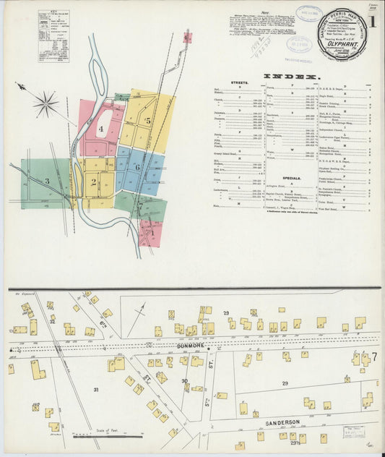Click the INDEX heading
click(x=291, y=76)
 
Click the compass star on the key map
click(x=45, y=104)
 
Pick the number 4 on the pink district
click(x=101, y=130)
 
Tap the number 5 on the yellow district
click(x=148, y=121)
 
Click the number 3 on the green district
click(x=47, y=181)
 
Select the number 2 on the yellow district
click(x=94, y=181)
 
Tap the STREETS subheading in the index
click(x=239, y=82)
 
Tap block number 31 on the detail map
click(x=95, y=389)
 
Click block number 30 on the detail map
click(x=184, y=381)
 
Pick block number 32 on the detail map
click(x=51, y=322)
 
